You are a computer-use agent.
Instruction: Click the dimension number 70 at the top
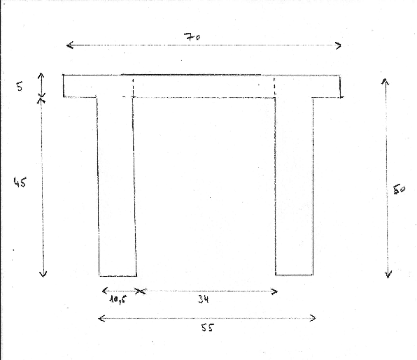tap(192, 36)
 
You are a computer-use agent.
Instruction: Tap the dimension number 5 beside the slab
tap(20, 87)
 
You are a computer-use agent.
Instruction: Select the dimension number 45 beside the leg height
tap(20, 182)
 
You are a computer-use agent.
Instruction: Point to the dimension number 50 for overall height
tap(400, 189)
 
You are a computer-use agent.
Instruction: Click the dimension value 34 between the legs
tap(204, 299)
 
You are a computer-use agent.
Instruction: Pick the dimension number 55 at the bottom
tap(207, 328)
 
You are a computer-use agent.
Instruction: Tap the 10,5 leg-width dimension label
tap(118, 300)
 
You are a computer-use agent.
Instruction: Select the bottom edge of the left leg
tap(118, 276)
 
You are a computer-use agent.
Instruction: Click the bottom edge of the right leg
tap(294, 275)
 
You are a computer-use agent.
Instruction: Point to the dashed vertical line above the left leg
tap(133, 87)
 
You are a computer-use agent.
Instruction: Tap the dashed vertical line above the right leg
tap(274, 87)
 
